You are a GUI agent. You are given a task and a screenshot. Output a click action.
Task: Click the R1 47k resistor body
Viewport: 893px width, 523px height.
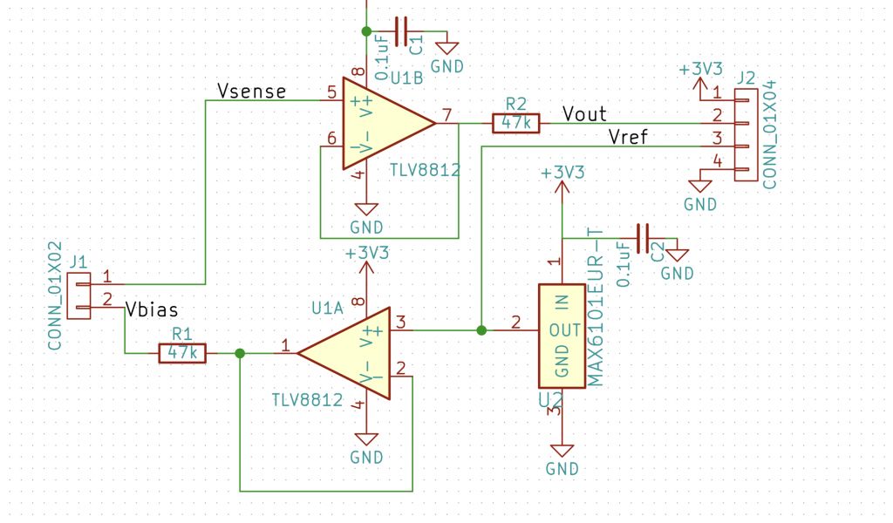[x=182, y=353]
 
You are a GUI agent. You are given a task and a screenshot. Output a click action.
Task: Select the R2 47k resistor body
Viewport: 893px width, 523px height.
[x=516, y=123]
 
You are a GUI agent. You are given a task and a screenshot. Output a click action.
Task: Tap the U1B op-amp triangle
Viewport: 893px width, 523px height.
[x=389, y=123]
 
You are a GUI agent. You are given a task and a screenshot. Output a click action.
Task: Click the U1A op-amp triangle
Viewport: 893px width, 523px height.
[x=344, y=353]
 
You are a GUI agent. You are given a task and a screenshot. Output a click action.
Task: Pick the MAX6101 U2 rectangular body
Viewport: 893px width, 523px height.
[x=562, y=336]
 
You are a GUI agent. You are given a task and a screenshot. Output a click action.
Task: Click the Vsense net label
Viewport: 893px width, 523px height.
[x=252, y=91]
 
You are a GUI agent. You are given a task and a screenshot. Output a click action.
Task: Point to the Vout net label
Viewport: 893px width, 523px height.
[x=584, y=114]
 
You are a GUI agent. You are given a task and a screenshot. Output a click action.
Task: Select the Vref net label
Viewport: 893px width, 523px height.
[x=628, y=137]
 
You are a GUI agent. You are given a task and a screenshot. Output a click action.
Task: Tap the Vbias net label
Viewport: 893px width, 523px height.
[x=152, y=309]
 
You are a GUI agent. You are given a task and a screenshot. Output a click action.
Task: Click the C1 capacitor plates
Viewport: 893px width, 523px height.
[x=401, y=31]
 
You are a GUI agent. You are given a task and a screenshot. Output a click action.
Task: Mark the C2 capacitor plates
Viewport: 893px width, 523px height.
[x=643, y=239]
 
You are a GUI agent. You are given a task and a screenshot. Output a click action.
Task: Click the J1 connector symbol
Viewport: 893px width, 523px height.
[x=78, y=295]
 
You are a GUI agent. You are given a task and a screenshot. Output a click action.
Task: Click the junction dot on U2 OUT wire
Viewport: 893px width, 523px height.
[x=481, y=330]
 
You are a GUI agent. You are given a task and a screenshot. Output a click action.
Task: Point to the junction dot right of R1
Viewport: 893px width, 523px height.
[x=240, y=353]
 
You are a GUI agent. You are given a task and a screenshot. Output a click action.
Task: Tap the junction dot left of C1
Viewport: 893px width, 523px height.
[x=366, y=31]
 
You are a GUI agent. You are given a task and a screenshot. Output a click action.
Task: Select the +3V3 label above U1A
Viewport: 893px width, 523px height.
[x=367, y=253]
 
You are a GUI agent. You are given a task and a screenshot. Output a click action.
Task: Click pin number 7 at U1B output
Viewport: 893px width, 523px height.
[x=447, y=115]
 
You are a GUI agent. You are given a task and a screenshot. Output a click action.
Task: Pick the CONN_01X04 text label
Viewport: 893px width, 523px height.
[x=769, y=135]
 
